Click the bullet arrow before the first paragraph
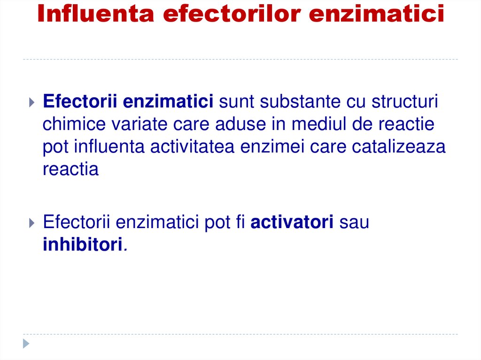(x=31, y=102)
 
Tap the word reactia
(x=70, y=169)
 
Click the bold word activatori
(x=292, y=222)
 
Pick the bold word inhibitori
(x=83, y=245)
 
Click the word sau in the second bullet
(x=354, y=222)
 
